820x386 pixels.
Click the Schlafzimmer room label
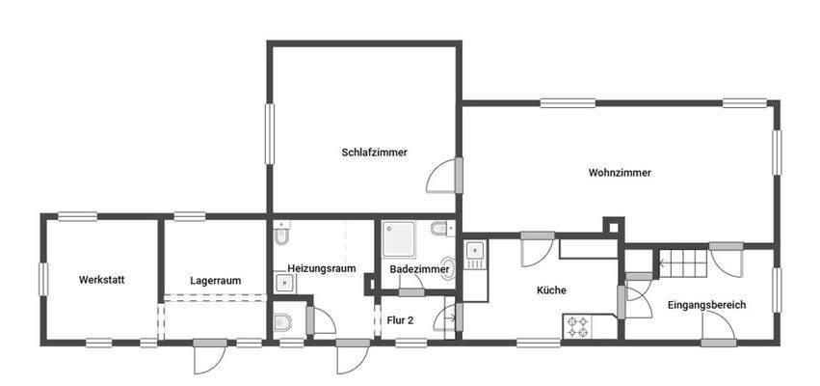374,152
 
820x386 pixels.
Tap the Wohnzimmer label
620,173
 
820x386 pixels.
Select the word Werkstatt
102,280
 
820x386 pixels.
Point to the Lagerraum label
215,281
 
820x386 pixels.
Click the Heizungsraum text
322,268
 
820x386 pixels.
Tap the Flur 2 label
400,320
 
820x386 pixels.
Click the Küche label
551,289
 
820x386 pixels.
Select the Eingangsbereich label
706,305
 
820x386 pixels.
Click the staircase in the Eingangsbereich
683,261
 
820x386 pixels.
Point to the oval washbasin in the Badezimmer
447,268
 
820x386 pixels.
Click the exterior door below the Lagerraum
207,357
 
